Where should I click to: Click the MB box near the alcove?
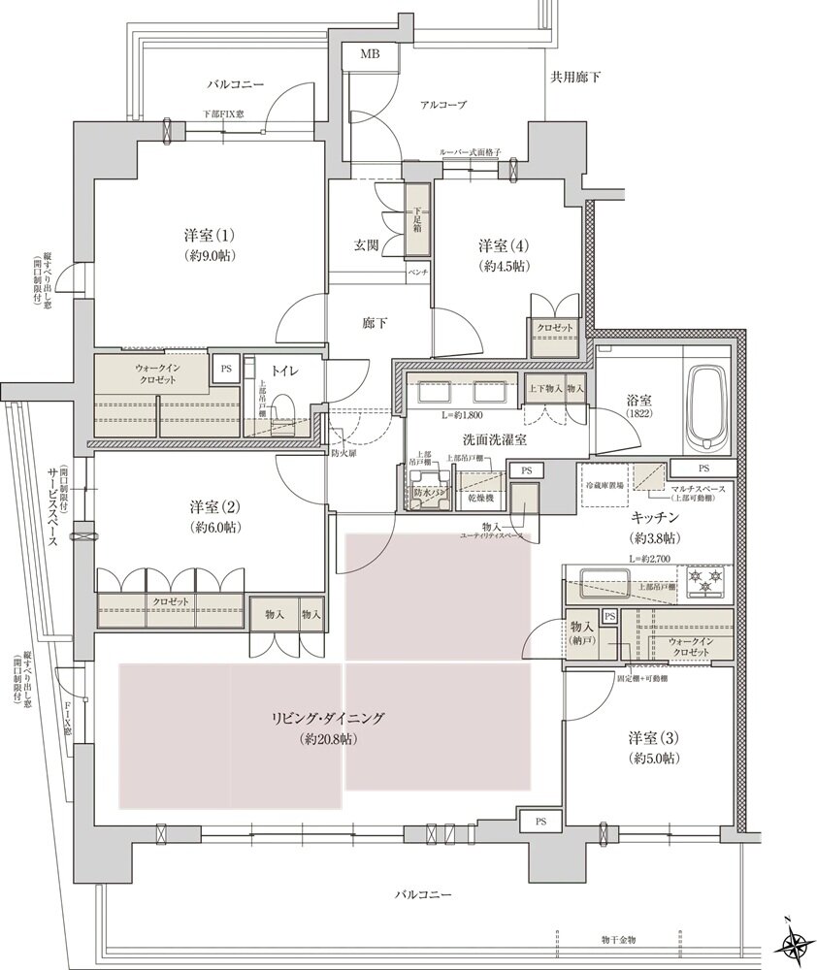[x=370, y=55]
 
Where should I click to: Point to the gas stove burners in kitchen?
[x=706, y=583]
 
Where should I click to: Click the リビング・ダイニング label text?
[x=327, y=719]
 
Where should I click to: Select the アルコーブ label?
[x=442, y=105]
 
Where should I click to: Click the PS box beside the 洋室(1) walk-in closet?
[x=226, y=370]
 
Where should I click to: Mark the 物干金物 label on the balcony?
[x=617, y=940]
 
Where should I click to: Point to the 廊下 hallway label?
[x=376, y=323]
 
